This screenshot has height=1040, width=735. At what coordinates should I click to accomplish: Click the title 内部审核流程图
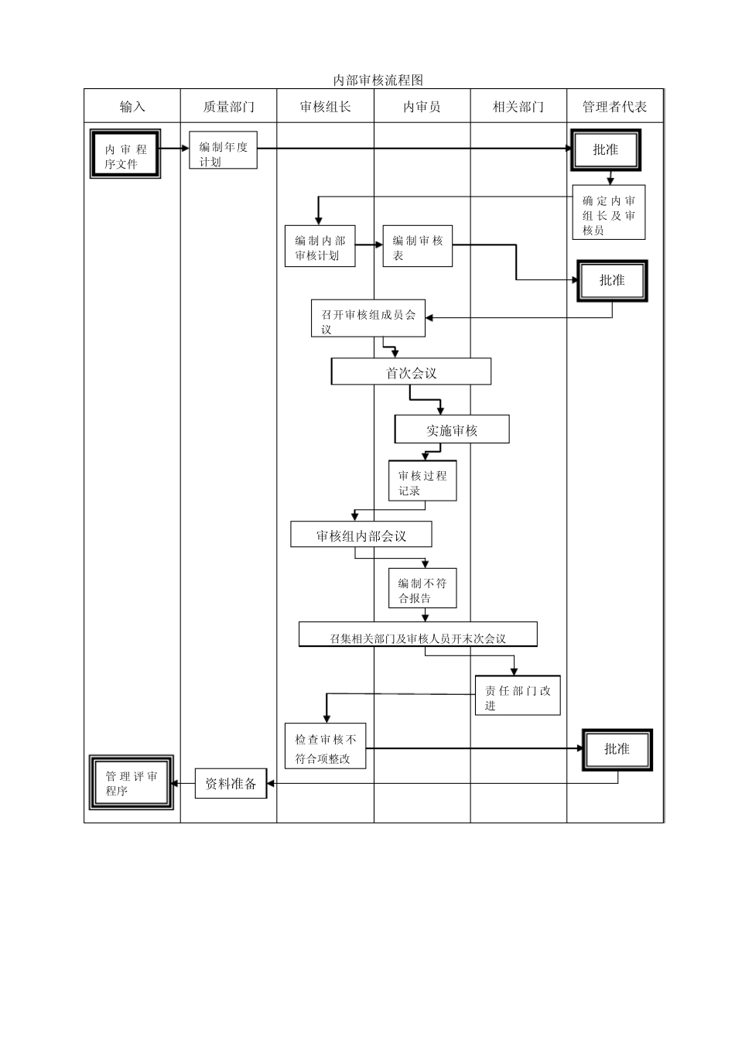coord(378,80)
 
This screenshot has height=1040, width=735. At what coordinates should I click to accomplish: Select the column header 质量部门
coord(228,107)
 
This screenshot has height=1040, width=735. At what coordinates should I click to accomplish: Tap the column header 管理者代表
coord(614,107)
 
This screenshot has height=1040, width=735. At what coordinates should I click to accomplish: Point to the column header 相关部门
coord(518,107)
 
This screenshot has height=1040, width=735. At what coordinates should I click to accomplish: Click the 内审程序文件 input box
coord(125,155)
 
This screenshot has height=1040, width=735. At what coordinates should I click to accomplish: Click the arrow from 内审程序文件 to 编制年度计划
coord(175,149)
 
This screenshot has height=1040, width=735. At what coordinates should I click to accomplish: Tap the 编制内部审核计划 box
coord(320,247)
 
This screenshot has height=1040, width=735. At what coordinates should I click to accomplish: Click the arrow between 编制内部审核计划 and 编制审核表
coord(369,245)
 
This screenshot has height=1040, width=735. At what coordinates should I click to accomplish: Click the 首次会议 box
coord(411,372)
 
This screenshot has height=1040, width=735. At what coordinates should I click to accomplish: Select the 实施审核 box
coord(452,429)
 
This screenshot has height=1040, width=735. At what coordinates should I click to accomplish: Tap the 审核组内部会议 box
coord(361,535)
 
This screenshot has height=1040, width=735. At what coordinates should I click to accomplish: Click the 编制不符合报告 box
coord(422,589)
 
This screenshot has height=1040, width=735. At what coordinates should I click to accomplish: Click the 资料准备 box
coord(231,783)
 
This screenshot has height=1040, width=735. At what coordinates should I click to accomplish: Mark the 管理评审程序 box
coord(131,782)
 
